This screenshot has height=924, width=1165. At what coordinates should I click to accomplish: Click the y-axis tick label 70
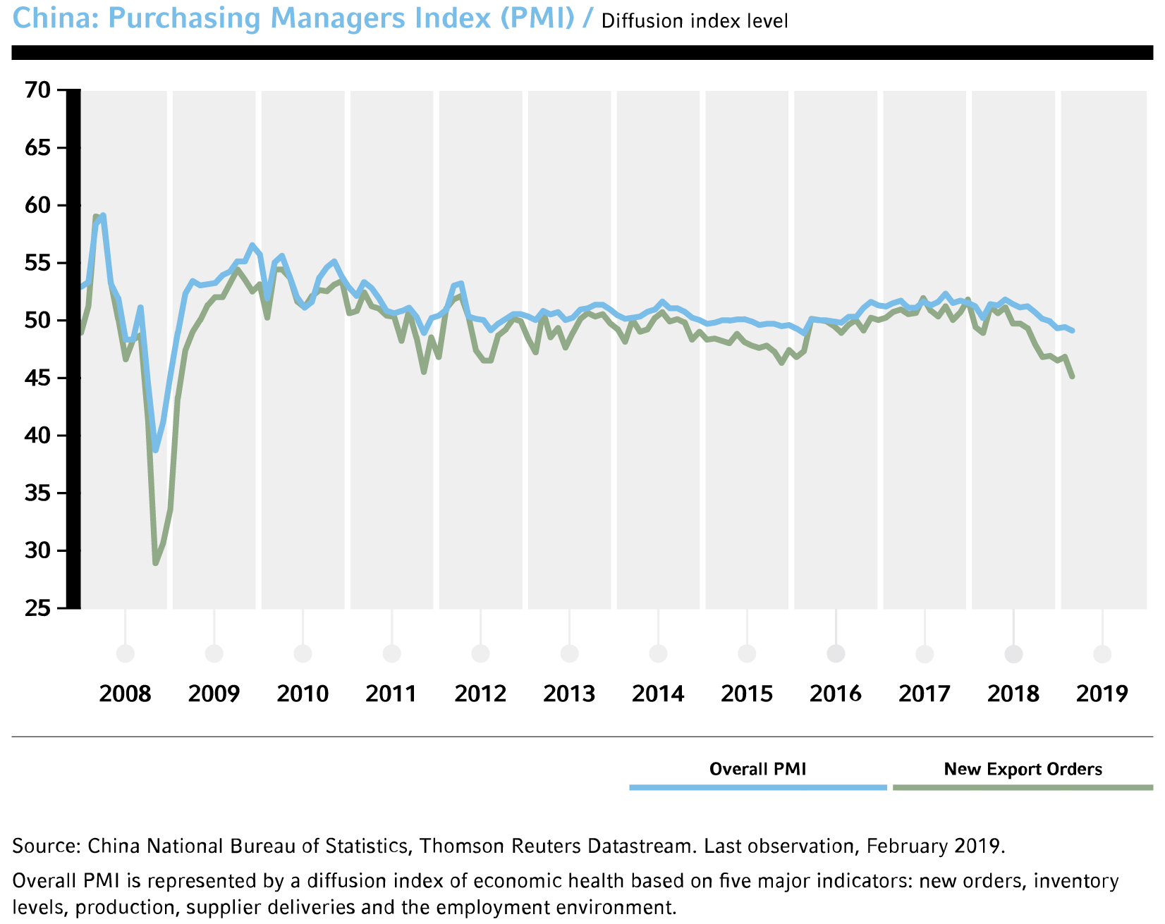coord(37,90)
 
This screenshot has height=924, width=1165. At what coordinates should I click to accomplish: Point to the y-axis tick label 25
coord(37,608)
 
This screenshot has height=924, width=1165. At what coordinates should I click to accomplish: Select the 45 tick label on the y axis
coord(37,378)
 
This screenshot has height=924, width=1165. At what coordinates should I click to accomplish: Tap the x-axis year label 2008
coord(125,694)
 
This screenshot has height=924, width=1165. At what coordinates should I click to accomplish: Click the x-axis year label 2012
coord(480,694)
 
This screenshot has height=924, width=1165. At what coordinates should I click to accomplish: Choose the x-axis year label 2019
coord(1102,694)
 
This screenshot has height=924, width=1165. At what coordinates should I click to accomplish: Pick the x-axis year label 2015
coord(747,694)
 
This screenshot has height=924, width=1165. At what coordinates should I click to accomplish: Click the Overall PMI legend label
coord(757,769)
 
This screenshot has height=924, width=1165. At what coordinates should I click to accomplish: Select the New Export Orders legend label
coord(1023,769)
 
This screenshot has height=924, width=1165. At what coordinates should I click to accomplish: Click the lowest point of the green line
coord(155,562)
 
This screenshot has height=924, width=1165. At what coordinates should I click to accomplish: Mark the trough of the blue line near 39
coord(155,450)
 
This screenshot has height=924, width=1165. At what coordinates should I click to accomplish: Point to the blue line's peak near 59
coord(103,216)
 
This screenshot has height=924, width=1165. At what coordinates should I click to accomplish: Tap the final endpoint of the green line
coord(1073,377)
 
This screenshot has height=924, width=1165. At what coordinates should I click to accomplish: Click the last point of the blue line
coord(1073,330)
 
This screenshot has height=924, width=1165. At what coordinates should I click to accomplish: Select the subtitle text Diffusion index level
coord(695,21)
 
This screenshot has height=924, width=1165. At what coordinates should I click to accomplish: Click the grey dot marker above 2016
coord(836,654)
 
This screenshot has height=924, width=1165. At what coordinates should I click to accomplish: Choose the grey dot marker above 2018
coord(1013,654)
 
